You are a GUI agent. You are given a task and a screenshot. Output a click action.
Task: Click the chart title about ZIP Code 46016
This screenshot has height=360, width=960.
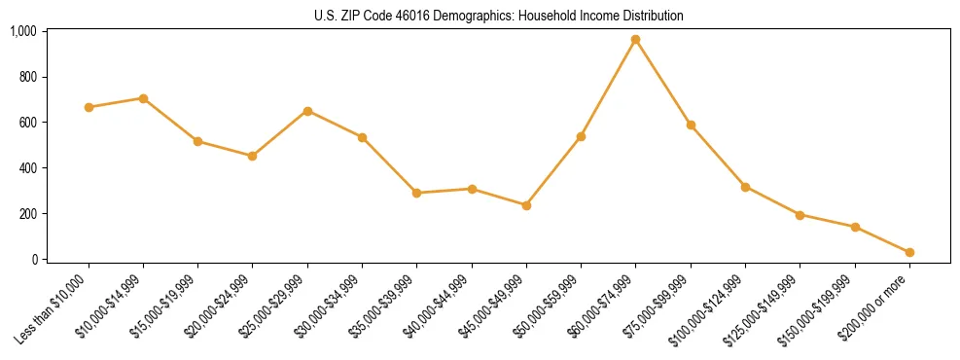coord(499,16)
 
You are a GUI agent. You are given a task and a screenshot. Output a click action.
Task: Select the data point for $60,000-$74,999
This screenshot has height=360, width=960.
coord(635,40)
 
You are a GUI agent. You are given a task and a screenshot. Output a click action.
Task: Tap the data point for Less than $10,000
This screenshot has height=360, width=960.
coord(89,107)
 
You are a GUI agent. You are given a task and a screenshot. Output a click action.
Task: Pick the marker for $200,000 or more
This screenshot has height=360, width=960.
coord(909,252)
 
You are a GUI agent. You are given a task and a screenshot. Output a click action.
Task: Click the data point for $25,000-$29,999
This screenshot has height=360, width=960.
coord(307,111)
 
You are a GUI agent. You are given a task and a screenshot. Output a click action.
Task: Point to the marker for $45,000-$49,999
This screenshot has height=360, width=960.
coord(526,205)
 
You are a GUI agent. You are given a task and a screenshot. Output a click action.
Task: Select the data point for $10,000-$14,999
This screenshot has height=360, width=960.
coord(143,98)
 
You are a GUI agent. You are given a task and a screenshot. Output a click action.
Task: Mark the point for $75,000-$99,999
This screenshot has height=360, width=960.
coord(691,125)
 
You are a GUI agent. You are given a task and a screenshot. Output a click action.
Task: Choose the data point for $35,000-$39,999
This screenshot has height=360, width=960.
coord(416,193)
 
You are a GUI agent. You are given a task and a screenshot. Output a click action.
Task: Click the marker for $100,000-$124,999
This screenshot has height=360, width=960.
coord(745,187)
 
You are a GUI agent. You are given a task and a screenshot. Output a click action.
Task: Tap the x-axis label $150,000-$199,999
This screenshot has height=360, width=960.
coord(823,306)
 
